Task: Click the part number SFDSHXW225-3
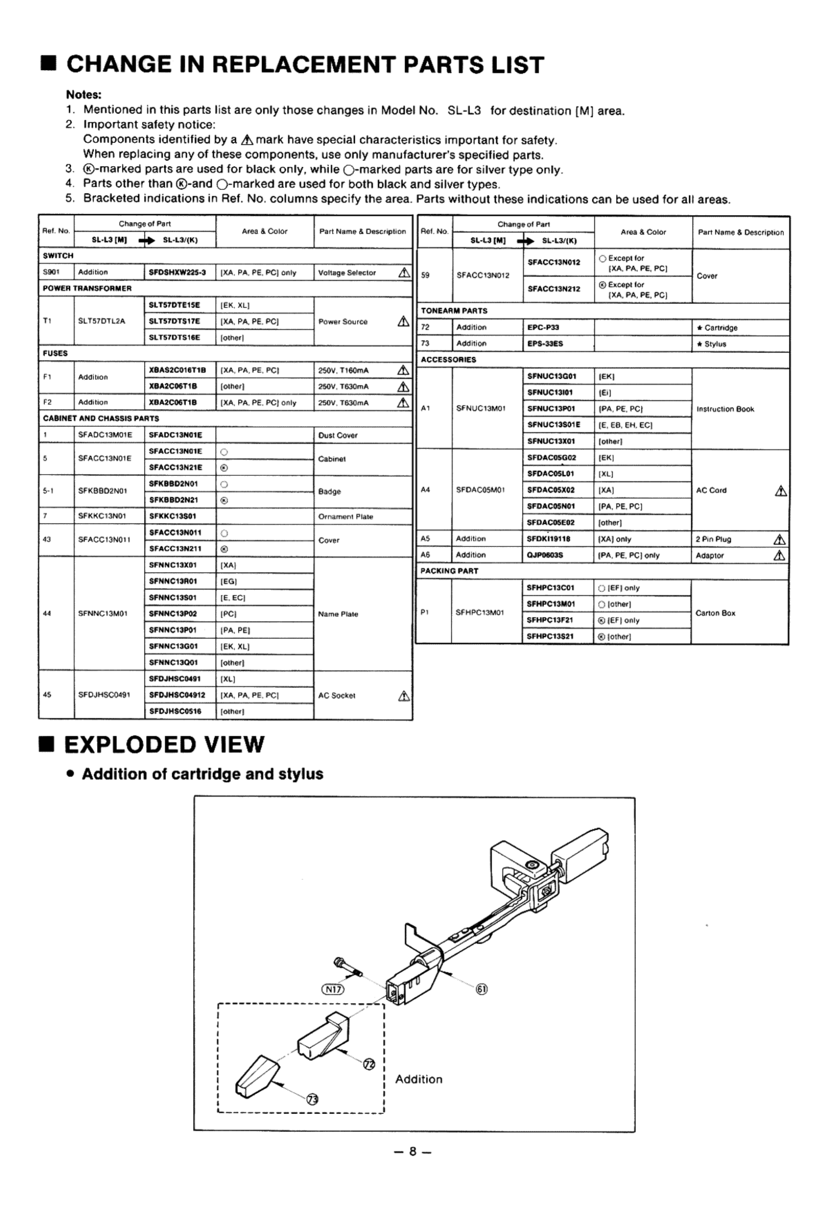(x=177, y=272)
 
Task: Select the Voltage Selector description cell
(x=347, y=272)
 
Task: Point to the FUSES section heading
(x=55, y=353)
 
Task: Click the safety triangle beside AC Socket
(x=403, y=696)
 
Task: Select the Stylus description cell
(x=715, y=344)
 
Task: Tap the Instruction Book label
(x=725, y=409)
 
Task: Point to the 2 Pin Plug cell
(x=713, y=539)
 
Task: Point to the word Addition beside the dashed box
(x=419, y=1079)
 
